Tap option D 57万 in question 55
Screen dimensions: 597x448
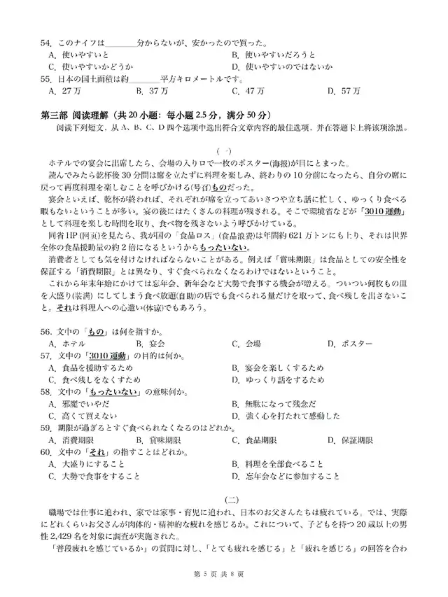click(x=346, y=91)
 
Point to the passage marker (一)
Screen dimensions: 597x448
click(x=223, y=150)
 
